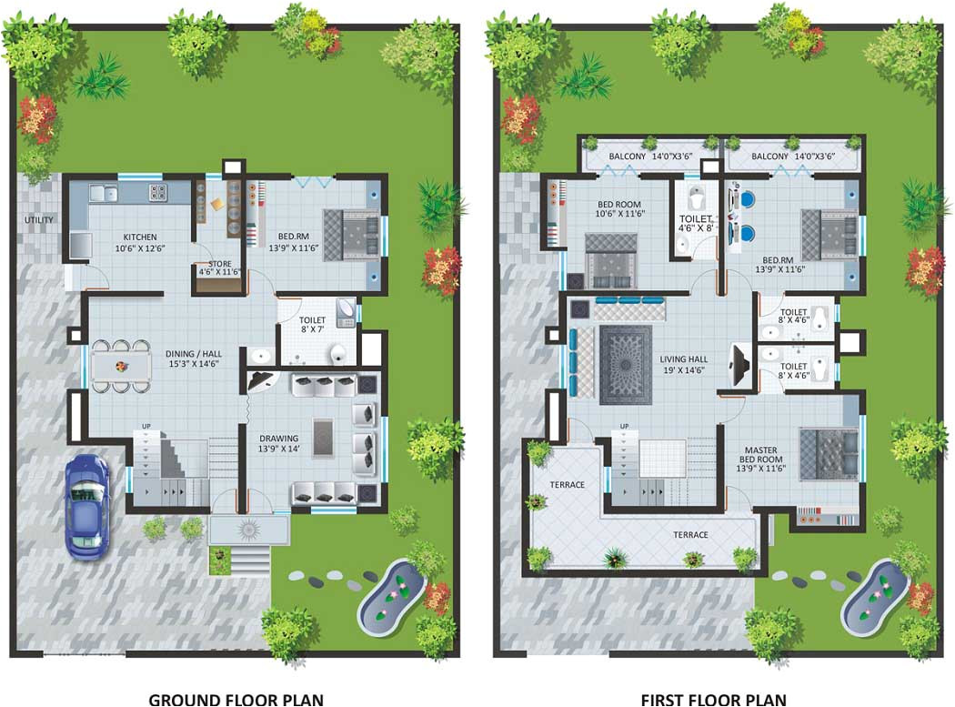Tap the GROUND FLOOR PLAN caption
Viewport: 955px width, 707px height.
point(236,699)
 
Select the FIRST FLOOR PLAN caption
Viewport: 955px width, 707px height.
point(714,699)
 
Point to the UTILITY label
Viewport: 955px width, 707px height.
point(39,219)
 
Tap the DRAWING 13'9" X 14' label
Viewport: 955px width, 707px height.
point(279,443)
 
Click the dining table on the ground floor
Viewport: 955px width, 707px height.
point(121,366)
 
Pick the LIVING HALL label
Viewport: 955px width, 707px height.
point(683,365)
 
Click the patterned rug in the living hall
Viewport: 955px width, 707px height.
point(625,365)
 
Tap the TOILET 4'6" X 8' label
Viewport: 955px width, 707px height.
point(696,225)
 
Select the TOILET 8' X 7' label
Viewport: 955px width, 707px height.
point(313,326)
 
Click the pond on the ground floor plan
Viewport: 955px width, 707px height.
point(390,598)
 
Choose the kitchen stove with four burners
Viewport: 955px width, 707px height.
point(157,192)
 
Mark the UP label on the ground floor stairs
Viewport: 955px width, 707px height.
point(146,426)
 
